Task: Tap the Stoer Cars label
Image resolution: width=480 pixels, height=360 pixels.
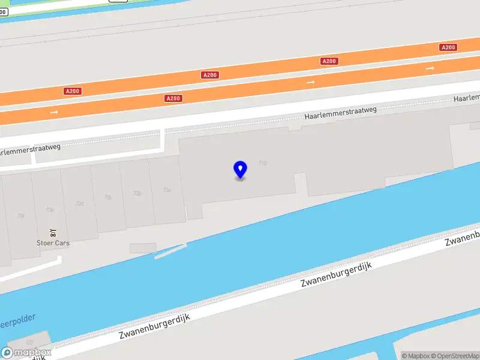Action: tap(53, 243)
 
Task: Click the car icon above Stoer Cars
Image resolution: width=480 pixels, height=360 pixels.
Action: tap(53, 233)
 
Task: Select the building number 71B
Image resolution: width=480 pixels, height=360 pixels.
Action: tap(262, 163)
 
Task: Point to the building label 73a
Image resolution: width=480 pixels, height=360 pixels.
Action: tap(167, 190)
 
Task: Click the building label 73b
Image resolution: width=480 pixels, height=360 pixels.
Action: tap(137, 193)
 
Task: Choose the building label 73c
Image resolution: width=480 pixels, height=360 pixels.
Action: tap(108, 197)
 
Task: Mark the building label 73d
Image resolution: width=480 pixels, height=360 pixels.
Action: tap(79, 203)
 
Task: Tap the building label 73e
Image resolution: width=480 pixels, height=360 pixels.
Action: tap(50, 209)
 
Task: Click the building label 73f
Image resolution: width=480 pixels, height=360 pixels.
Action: tap(21, 215)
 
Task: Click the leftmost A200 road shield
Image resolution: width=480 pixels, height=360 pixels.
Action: tap(72, 91)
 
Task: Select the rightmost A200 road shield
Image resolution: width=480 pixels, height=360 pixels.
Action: tap(448, 47)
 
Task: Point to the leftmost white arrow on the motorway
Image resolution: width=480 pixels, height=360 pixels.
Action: tap(54, 112)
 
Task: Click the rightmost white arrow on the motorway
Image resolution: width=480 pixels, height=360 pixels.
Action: tap(430, 68)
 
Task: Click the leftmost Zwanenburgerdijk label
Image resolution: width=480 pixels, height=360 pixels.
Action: tap(154, 327)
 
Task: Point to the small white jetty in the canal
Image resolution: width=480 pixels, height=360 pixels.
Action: tap(170, 251)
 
